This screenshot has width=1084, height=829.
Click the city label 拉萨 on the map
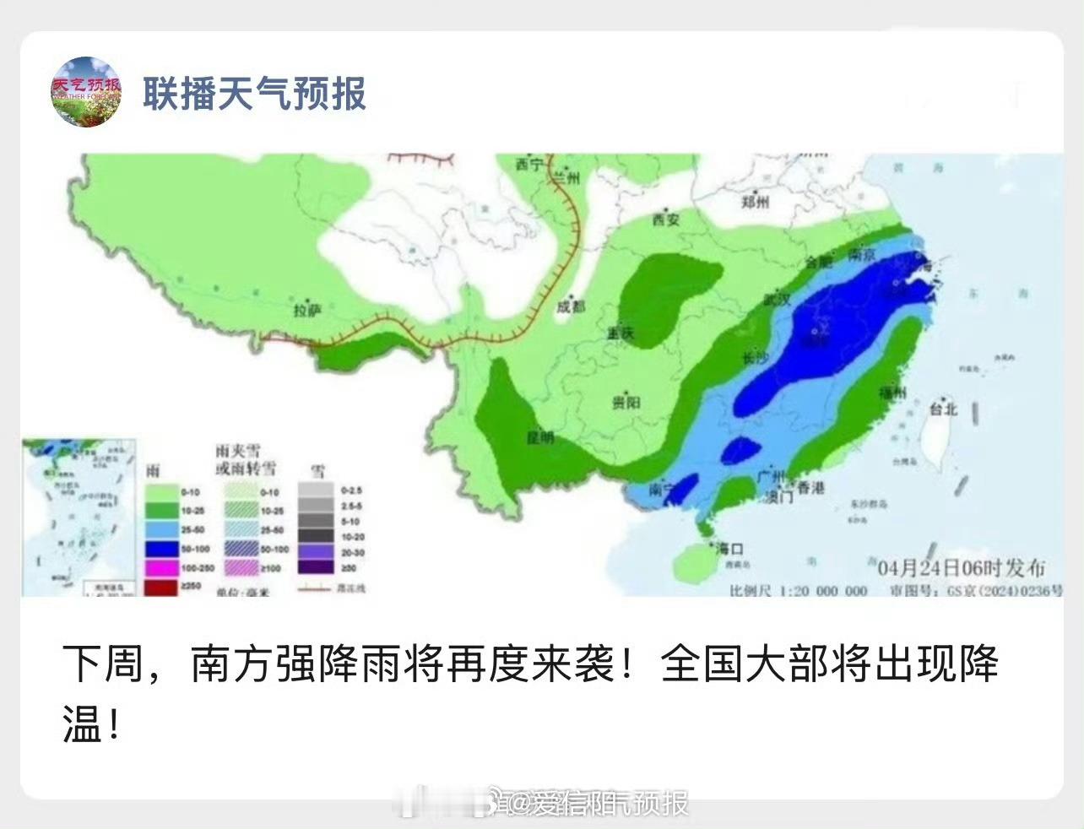pos(308,311)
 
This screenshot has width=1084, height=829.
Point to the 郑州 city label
pos(755,202)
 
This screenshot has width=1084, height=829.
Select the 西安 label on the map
pos(665,220)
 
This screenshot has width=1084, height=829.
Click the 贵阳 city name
pos(626,402)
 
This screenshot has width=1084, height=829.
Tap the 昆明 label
pos(540,438)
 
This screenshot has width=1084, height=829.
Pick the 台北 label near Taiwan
pos(943,409)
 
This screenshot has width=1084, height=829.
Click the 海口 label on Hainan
pos(729,549)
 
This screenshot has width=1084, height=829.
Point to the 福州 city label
pos(892,393)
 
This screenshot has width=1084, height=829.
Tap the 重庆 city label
pos(621,333)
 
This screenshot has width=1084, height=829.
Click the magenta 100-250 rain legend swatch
pos(161,568)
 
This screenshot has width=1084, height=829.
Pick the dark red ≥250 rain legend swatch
pos(161,587)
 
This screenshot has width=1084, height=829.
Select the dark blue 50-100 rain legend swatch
pos(161,549)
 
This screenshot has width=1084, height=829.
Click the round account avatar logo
pos(86,92)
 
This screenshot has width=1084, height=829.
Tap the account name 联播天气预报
pos(254,93)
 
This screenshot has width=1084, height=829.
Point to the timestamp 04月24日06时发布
pos(961,567)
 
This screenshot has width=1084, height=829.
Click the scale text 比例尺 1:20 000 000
pos(798,590)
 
